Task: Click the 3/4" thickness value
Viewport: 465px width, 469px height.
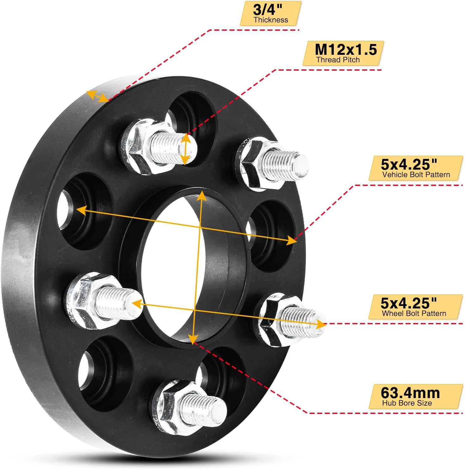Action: pyautogui.click(x=267, y=10)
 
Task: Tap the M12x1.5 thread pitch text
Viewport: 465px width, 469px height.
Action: pyautogui.click(x=346, y=50)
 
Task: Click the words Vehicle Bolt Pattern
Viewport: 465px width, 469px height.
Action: pyautogui.click(x=416, y=175)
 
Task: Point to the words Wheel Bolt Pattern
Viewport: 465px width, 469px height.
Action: pyautogui.click(x=414, y=314)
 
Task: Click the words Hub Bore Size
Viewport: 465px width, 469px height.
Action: pyautogui.click(x=407, y=403)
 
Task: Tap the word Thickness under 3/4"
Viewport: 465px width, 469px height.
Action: pyautogui.click(x=271, y=20)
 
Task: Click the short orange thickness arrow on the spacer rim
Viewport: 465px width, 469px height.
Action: pyautogui.click(x=97, y=96)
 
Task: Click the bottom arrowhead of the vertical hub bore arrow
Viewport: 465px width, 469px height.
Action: pyautogui.click(x=192, y=339)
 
